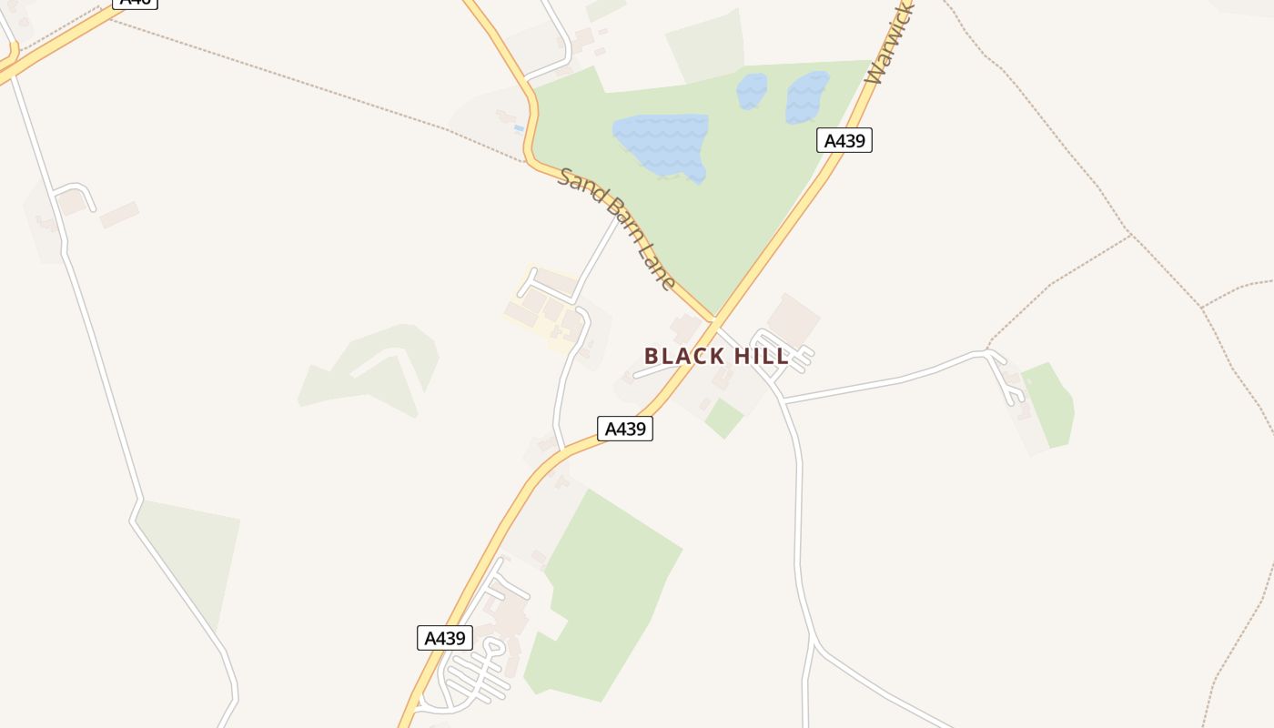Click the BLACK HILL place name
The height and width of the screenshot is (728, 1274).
coord(716,356)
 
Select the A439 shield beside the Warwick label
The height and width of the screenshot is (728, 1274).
coord(844,140)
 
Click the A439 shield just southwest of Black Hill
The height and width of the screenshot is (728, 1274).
coord(625,429)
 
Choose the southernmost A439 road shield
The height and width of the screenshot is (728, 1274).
coord(445,638)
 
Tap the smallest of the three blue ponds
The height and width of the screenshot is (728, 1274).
coord(752,91)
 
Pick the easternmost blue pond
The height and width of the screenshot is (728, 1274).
coord(806,96)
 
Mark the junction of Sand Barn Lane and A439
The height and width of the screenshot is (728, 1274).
coord(714,321)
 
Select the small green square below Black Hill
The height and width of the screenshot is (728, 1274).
coord(723,419)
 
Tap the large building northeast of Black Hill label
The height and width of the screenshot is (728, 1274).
coord(793,319)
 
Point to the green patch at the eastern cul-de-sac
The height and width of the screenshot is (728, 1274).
coord(1049,405)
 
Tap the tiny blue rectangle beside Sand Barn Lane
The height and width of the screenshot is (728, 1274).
coord(519,128)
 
